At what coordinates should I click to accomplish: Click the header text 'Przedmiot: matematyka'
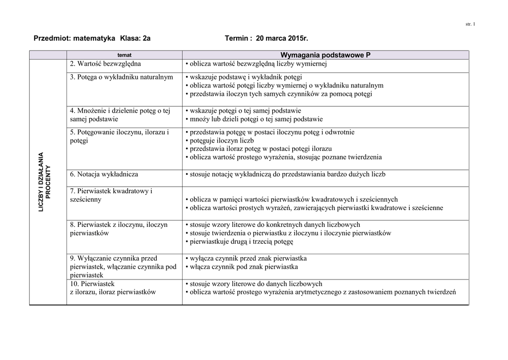tap(74, 38)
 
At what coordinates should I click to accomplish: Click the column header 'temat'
tap(124, 55)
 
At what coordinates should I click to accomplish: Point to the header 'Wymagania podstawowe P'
tap(325, 55)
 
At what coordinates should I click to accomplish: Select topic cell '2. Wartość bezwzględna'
tap(105, 64)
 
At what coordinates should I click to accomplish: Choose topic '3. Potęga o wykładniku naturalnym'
tap(122, 77)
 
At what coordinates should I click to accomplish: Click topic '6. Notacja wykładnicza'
tap(104, 174)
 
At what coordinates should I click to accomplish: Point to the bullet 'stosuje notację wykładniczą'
tap(285, 174)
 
